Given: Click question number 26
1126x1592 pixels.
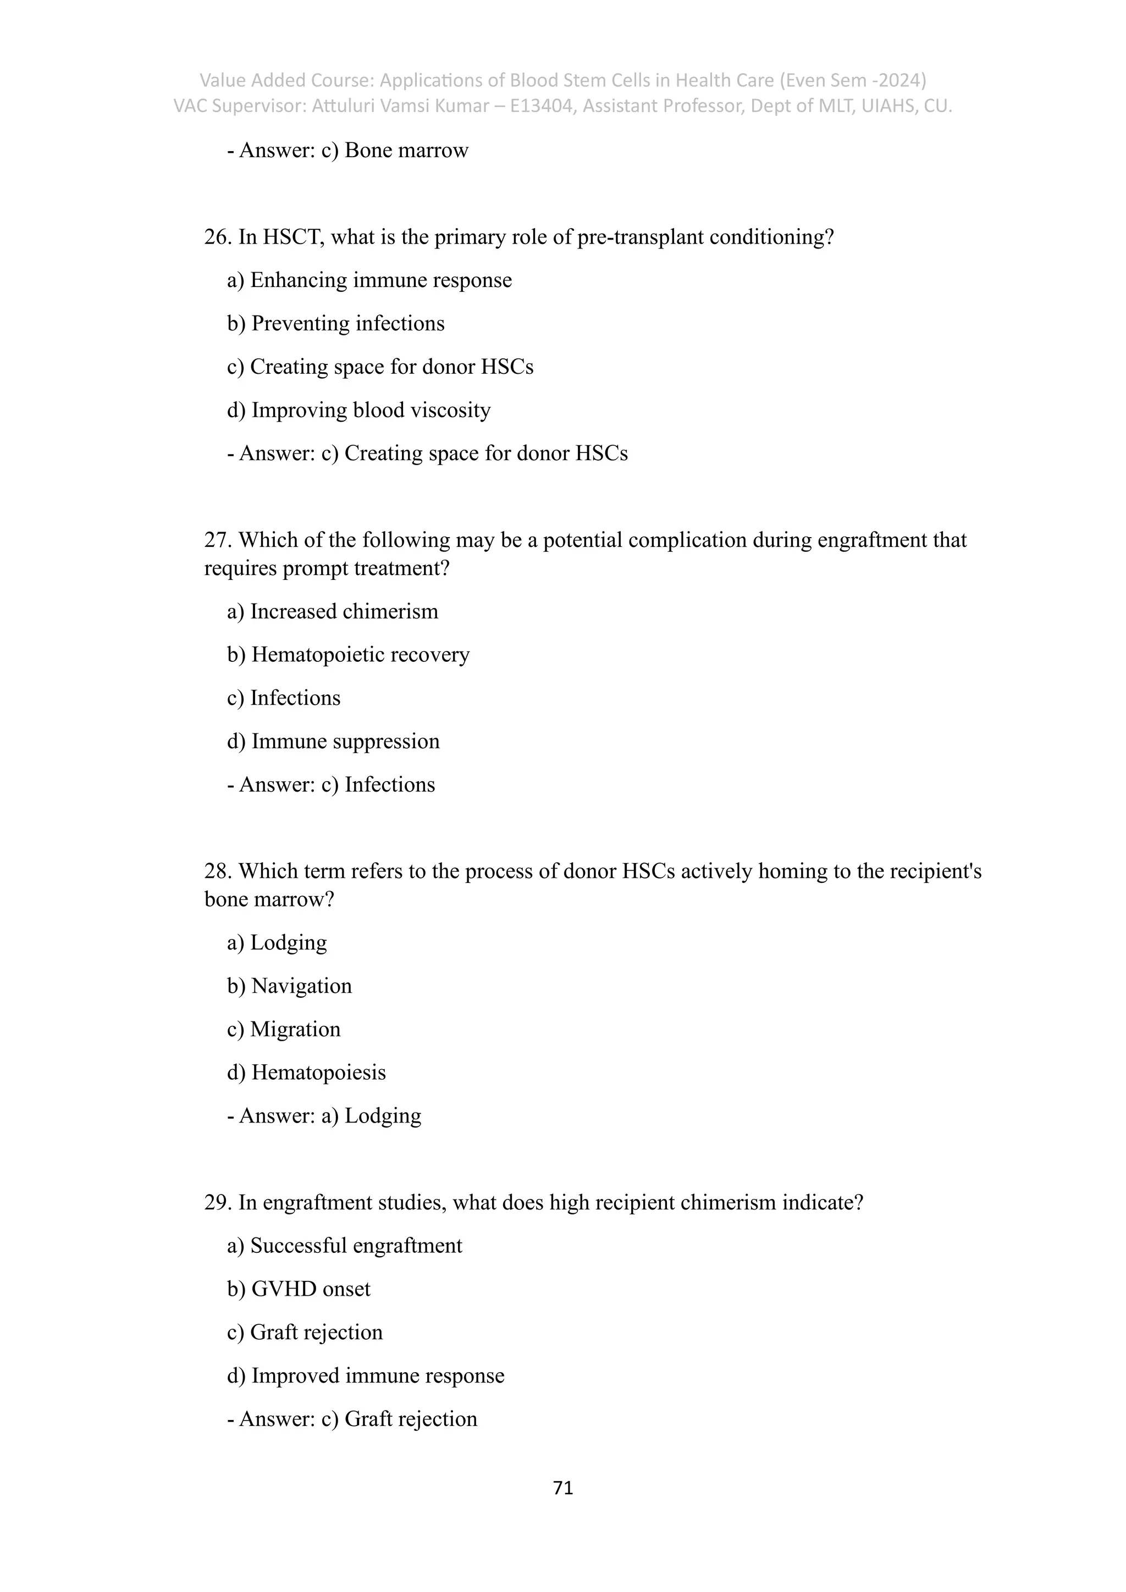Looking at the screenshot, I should (217, 237).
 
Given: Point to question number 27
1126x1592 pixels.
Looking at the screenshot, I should (217, 540).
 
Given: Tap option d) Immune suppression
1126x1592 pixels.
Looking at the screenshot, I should (334, 741).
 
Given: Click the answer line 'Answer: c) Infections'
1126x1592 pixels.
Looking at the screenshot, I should (331, 785).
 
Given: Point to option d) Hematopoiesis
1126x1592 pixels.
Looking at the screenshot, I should (306, 1073).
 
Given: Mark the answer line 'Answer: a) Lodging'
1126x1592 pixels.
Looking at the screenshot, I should (324, 1115).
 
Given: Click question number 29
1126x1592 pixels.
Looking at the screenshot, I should (217, 1202).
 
